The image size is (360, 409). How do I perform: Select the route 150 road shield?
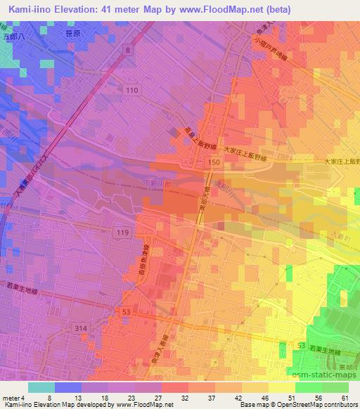coord(211,162)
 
